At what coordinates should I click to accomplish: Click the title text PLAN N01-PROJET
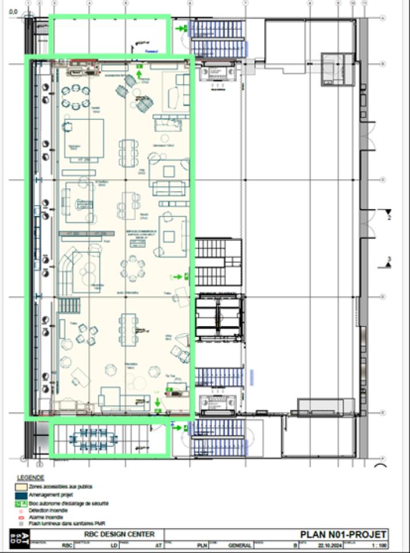(344, 535)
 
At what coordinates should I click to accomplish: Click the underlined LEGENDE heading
(30, 478)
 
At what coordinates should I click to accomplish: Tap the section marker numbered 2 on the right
(389, 214)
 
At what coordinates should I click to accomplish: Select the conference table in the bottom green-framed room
(93, 440)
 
